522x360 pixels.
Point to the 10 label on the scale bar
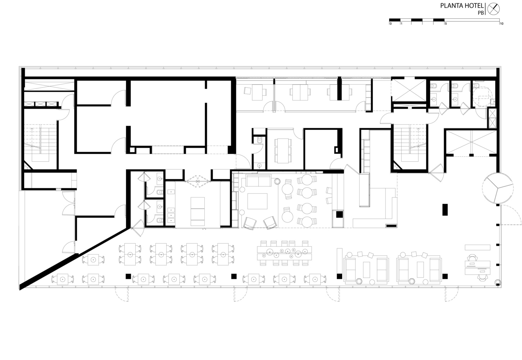501,24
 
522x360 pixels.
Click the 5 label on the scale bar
445,24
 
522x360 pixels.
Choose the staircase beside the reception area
409,144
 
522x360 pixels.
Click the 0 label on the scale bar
390,24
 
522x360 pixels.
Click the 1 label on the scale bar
401,24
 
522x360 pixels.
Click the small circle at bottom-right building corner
498,282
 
